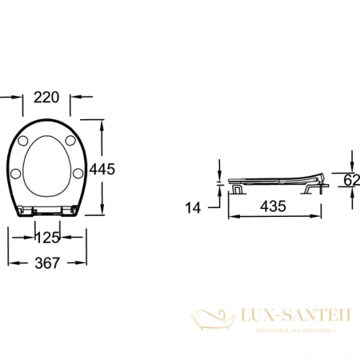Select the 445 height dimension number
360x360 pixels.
pos(103,169)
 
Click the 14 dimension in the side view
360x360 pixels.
pos(192,206)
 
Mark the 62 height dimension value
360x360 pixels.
pos(350,180)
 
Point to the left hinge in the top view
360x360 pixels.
pos(29,210)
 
